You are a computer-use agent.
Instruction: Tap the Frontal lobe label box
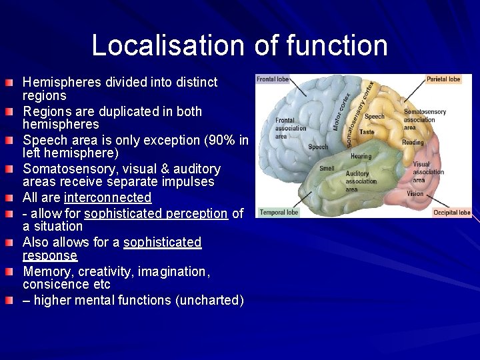click(x=273, y=79)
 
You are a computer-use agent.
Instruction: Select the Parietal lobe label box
click(x=444, y=79)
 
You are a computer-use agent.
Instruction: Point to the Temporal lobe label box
click(x=279, y=213)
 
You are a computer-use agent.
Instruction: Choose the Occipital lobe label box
click(x=451, y=213)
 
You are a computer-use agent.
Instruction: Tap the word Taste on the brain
click(x=367, y=132)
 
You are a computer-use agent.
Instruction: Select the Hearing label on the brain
click(x=361, y=157)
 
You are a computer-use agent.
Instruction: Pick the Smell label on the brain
click(x=327, y=169)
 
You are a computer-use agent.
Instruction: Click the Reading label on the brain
click(x=413, y=142)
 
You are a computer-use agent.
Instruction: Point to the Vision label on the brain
click(x=415, y=194)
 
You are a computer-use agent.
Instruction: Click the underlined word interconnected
click(x=107, y=198)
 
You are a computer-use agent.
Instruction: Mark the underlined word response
click(x=50, y=256)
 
